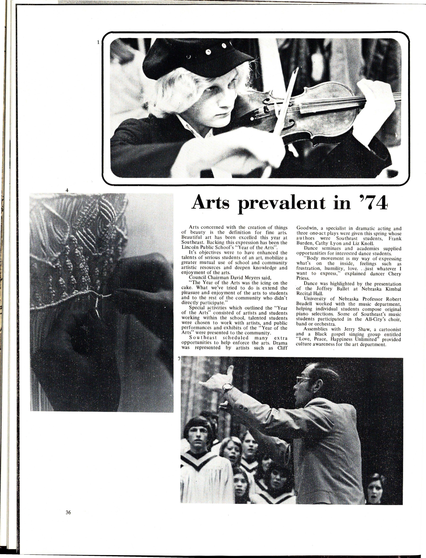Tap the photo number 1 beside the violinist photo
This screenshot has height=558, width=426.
pyautogui.click(x=98, y=43)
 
